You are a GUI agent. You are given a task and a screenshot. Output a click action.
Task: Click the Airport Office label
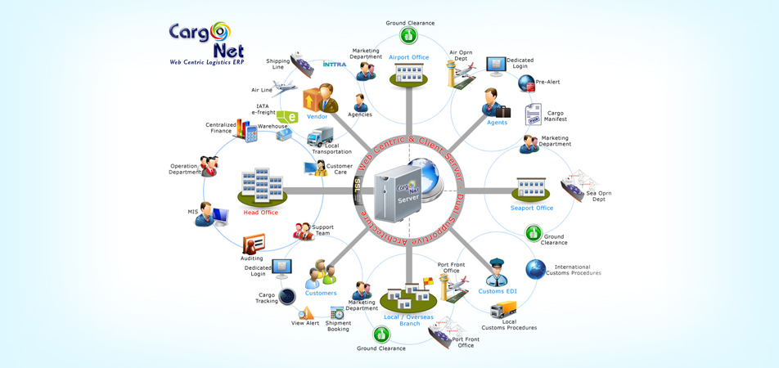(x=408, y=57)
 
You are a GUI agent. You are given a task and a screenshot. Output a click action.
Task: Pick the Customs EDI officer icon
(x=496, y=272)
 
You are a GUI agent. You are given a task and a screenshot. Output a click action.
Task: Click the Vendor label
(x=317, y=117)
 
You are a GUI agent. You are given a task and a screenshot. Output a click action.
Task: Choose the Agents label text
(x=497, y=123)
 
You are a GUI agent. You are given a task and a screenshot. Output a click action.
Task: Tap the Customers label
(x=321, y=293)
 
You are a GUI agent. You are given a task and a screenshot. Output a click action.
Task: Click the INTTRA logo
(x=335, y=63)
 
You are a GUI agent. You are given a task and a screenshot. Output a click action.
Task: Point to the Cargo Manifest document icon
(x=534, y=114)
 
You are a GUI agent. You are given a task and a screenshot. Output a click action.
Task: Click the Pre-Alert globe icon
(x=526, y=83)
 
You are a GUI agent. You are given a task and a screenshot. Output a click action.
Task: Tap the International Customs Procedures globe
(x=536, y=269)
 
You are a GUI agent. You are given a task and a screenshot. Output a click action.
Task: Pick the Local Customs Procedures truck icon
(x=503, y=310)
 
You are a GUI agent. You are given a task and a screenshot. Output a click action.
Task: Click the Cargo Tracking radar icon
(x=287, y=296)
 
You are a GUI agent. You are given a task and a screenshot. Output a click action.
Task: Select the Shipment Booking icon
(x=337, y=313)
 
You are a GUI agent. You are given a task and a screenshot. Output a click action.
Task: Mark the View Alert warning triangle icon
(x=305, y=313)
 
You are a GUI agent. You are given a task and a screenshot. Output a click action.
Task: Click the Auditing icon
(x=254, y=244)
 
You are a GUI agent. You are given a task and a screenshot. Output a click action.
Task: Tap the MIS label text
(x=192, y=212)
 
